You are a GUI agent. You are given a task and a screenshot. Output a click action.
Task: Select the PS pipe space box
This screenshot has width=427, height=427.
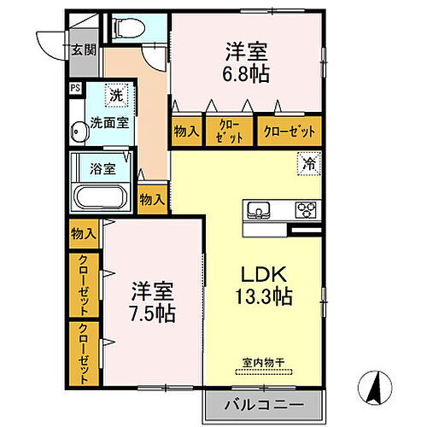[75, 86]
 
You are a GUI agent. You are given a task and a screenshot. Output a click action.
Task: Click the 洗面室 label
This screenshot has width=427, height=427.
[110, 122]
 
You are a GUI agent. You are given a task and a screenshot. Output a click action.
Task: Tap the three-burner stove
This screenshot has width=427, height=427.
[305, 210]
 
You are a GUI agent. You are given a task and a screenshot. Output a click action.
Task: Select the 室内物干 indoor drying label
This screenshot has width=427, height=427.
[261, 361]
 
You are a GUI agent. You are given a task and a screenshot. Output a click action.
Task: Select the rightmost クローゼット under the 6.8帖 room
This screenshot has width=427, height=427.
[290, 132]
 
